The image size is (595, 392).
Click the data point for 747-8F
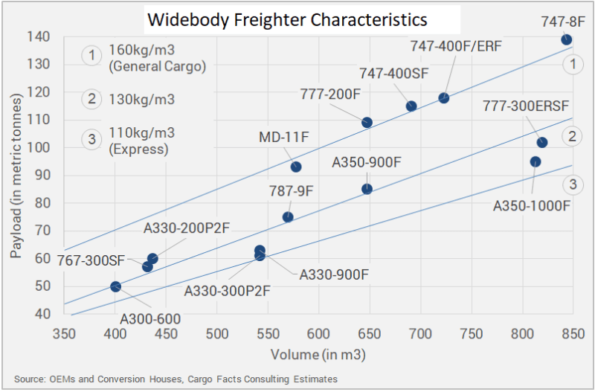pyautogui.click(x=567, y=39)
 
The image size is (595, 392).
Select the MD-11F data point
pyautogui.click(x=296, y=167)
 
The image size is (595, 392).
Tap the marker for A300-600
pyautogui.click(x=115, y=286)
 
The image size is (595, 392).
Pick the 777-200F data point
pyautogui.click(x=367, y=122)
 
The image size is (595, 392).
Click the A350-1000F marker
pyautogui.click(x=535, y=161)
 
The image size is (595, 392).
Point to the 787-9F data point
pyautogui.click(x=288, y=216)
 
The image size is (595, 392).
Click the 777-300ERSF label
pyautogui.click(x=526, y=106)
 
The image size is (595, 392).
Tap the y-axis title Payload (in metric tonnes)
pyautogui.click(x=16, y=176)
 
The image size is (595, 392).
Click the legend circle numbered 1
pyautogui.click(x=91, y=55)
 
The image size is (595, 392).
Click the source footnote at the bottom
pyautogui.click(x=176, y=379)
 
